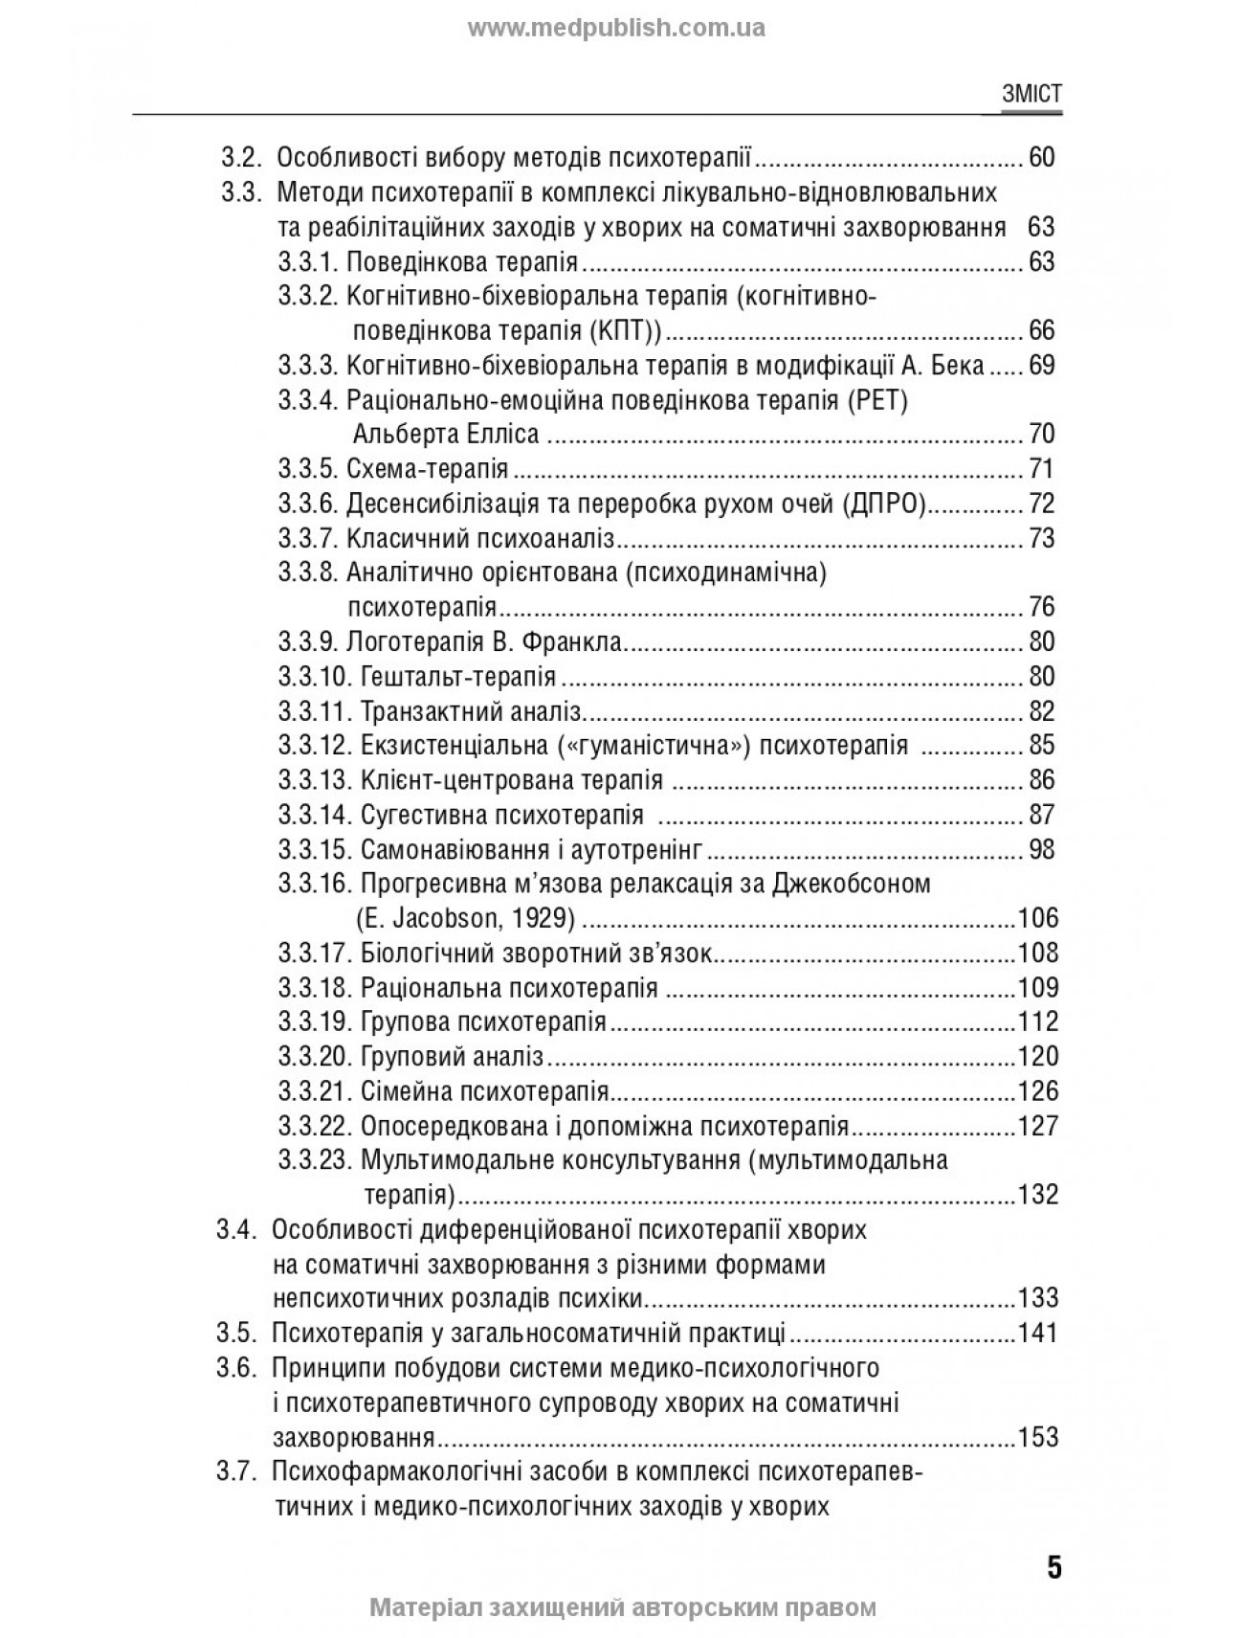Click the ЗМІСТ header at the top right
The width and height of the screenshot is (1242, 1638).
(1031, 94)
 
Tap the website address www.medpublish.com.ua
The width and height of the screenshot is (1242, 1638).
(616, 28)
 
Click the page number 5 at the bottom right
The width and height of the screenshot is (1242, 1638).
(1053, 1568)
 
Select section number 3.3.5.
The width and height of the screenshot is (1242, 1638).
(308, 469)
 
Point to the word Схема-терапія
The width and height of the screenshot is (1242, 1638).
(427, 469)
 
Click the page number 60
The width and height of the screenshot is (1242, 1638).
(1040, 157)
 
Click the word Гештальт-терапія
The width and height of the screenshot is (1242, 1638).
(458, 677)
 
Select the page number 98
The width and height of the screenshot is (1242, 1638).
(1040, 849)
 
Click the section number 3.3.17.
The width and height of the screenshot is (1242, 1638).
(315, 954)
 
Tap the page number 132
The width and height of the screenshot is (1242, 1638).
(1037, 1195)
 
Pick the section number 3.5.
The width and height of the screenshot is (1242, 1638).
(235, 1333)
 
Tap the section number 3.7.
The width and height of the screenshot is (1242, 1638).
(235, 1471)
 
